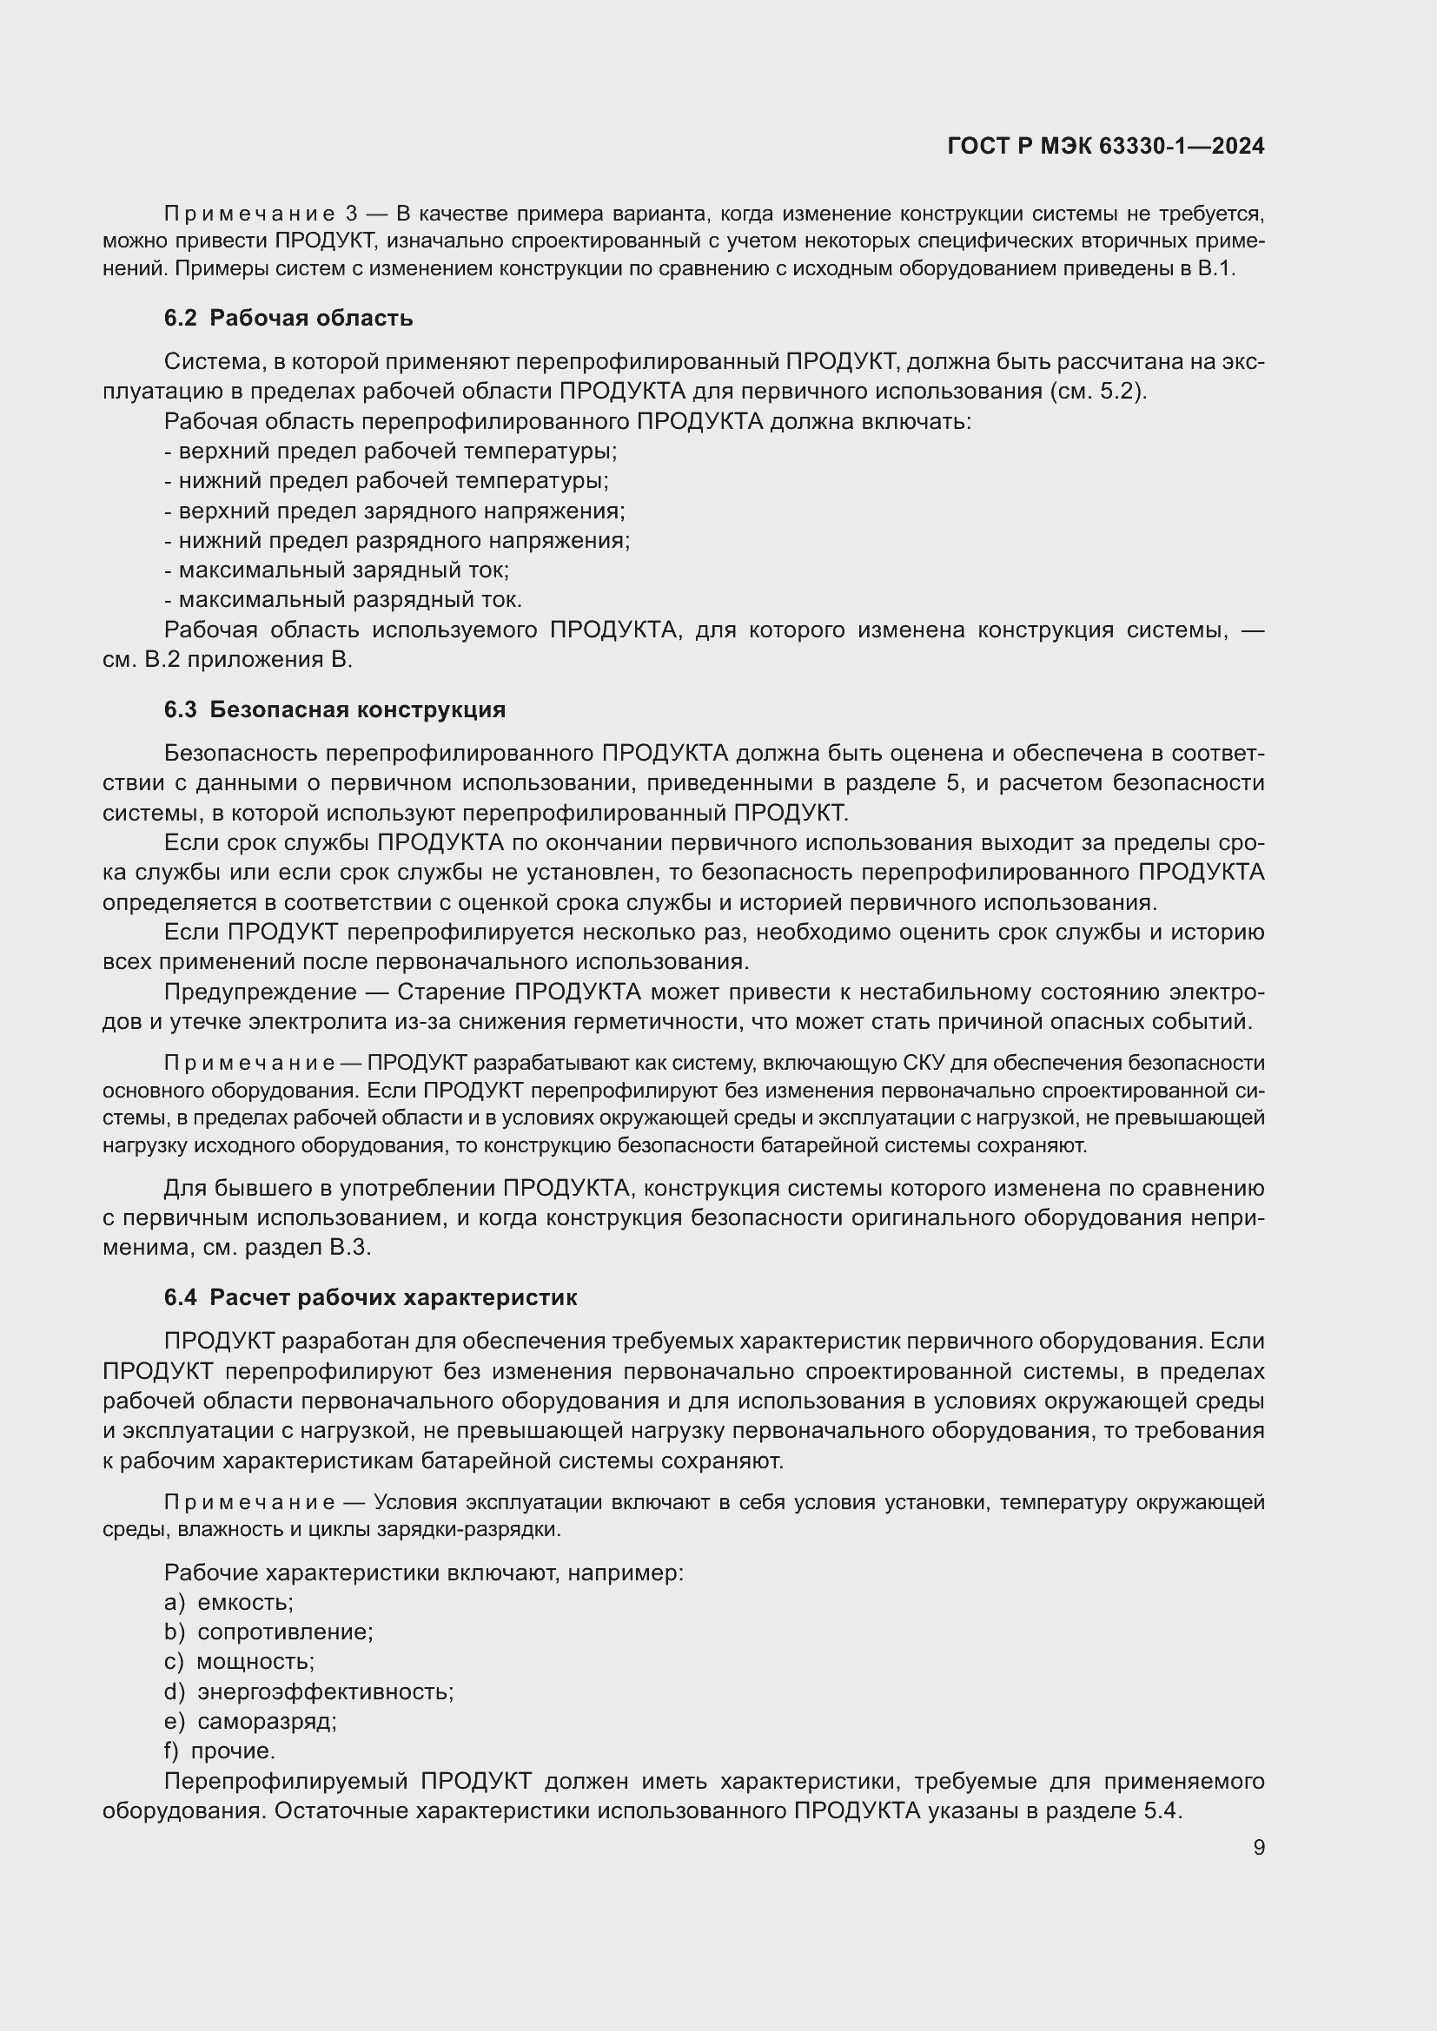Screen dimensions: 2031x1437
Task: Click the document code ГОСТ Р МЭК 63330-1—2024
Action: pos(1105,146)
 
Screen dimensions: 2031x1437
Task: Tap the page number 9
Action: pos(1258,1847)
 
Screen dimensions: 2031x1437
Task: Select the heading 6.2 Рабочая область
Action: pos(288,318)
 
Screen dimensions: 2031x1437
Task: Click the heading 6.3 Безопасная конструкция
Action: pos(334,709)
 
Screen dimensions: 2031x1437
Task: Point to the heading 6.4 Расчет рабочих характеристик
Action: pos(370,1296)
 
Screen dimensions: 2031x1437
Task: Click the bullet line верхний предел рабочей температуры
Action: pos(391,452)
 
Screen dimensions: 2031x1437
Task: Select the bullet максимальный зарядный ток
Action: pos(337,570)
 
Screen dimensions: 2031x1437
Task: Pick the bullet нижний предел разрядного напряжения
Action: pos(397,539)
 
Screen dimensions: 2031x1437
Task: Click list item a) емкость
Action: pos(228,1602)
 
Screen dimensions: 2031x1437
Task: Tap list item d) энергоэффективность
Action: pos(308,1691)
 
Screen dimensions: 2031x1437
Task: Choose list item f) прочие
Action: pos(220,1751)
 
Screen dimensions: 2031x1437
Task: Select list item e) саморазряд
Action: pos(250,1720)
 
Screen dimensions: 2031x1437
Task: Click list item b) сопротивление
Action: pos(268,1632)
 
